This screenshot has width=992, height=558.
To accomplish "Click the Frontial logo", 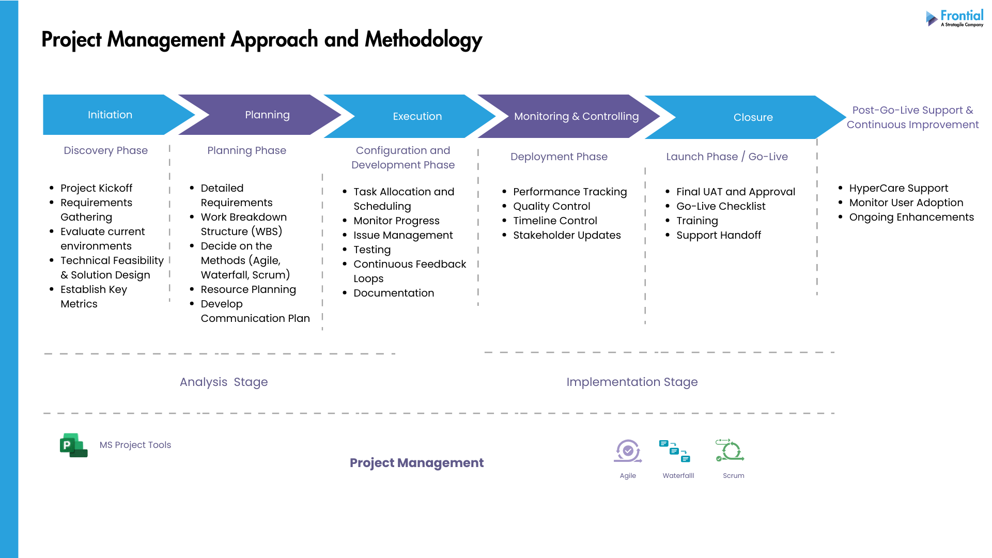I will coord(955,18).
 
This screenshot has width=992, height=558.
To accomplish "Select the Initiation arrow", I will coord(110,115).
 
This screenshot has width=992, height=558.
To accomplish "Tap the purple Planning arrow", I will coord(267,115).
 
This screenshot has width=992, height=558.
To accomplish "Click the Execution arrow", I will coord(417,116).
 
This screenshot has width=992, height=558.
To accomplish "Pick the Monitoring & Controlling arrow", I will coord(576,116).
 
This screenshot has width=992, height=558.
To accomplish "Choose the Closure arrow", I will coord(753,117).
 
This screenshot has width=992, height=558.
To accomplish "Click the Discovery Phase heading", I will coord(105,150).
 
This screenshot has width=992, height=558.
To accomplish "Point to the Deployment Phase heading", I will coord(559,157).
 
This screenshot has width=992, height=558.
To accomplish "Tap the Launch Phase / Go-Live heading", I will coord(726,157).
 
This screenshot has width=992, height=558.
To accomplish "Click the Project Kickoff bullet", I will coord(96,188).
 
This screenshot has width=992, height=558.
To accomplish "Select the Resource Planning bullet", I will coord(248,289).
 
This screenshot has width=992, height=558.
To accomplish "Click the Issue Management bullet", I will coord(403,235).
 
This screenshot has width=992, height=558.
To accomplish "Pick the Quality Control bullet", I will coord(551,206).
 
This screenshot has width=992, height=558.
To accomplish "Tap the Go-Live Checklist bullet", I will coord(721,206).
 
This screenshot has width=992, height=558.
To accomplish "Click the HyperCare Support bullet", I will coord(898,188).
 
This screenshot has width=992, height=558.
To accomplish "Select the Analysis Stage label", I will coord(224,382).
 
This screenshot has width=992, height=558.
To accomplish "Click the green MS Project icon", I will coord(73,445).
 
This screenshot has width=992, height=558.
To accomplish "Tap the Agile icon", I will coord(628,451).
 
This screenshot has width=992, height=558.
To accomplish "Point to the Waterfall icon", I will coord(675,451).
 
